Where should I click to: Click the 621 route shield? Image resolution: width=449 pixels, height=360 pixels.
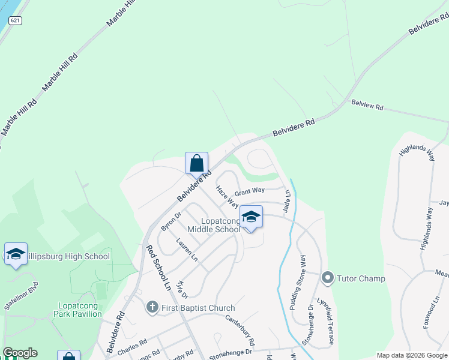15,20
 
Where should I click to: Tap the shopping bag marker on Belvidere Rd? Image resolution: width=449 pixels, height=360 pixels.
196,163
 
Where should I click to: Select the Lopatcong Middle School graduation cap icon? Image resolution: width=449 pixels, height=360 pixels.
252,217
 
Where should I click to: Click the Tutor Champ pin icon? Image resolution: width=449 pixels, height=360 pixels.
328,278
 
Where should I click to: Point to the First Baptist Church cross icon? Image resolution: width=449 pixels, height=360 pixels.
152,308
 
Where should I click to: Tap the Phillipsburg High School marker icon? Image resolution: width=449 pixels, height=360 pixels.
16,254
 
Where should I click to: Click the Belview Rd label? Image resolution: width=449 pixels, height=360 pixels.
367,106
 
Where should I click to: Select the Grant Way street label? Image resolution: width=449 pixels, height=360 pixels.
250,191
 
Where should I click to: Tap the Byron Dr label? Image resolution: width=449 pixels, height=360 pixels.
171,221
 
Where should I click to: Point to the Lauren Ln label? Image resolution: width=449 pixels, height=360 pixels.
187,249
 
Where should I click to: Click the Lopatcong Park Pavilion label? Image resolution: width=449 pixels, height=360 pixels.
78,309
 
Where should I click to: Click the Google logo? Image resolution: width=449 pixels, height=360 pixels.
20,353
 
